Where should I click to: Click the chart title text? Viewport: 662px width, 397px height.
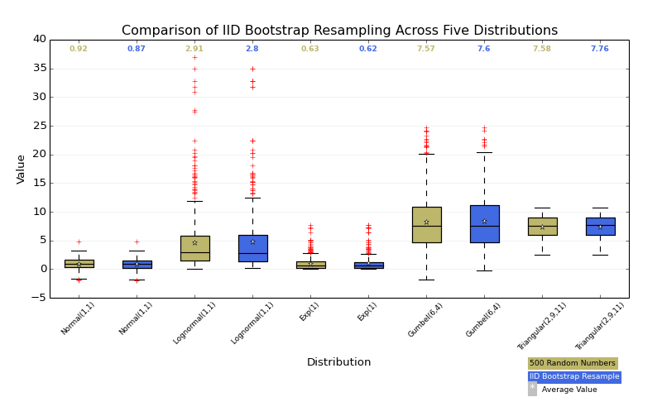(339, 31)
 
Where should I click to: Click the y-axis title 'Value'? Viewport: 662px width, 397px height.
(22, 169)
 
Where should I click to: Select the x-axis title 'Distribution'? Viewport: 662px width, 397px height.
(338, 362)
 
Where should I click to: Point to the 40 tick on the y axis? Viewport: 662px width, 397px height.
(40, 39)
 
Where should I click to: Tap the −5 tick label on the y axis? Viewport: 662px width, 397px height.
(37, 298)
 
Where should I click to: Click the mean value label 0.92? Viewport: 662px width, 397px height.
(79, 49)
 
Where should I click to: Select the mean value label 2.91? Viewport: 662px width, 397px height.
(194, 49)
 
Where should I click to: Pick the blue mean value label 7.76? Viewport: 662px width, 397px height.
(600, 49)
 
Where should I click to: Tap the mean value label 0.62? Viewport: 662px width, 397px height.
(368, 49)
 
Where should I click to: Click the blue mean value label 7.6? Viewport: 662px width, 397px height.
(484, 49)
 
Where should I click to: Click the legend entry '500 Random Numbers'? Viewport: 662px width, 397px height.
(573, 363)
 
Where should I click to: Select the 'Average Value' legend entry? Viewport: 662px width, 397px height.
(568, 390)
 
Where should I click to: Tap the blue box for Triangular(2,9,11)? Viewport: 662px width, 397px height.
(600, 227)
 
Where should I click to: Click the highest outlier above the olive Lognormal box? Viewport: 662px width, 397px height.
(194, 57)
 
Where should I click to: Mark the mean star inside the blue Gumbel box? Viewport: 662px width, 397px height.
(484, 221)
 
